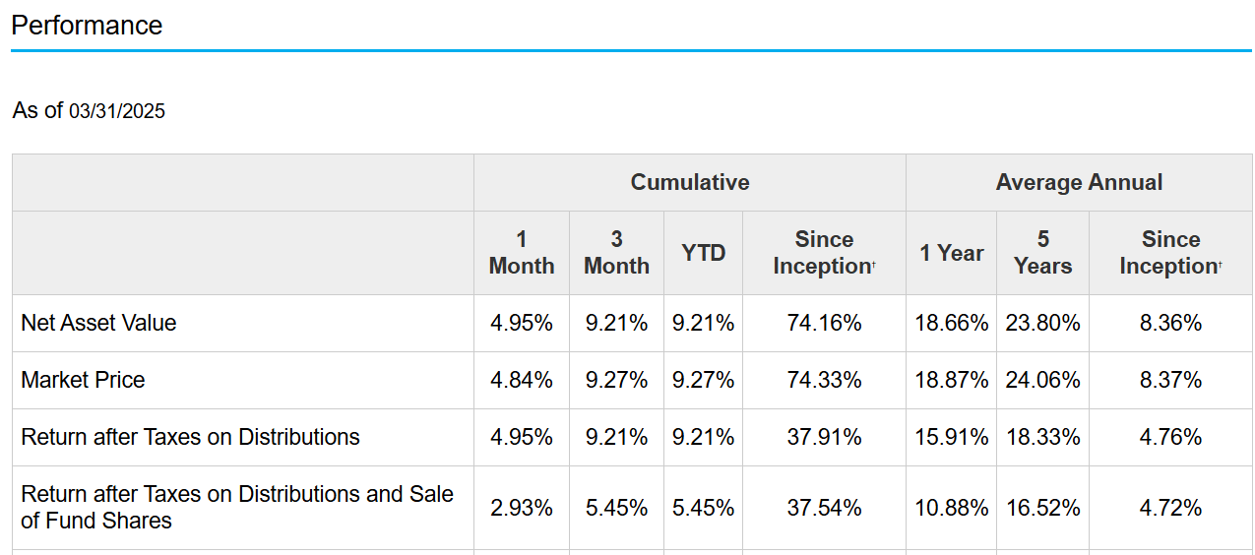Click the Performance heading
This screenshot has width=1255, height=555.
coord(87,25)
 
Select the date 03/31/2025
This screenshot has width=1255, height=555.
coord(117,111)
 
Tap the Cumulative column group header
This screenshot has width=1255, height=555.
coord(689,182)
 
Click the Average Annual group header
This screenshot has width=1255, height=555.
coord(1079,182)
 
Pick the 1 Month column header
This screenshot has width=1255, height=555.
coord(521,253)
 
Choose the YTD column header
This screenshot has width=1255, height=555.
coord(703,253)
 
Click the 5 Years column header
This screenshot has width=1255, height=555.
coord(1042,253)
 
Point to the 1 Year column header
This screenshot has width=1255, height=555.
coord(951,253)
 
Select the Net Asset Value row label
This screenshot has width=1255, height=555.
coord(98,323)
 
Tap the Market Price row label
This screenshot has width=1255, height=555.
coord(83,380)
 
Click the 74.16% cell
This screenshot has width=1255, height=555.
coord(824,323)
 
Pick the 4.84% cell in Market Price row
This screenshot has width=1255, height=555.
coord(521,380)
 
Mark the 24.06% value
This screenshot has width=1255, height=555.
coord(1042,380)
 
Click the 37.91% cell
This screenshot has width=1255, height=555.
coord(824,437)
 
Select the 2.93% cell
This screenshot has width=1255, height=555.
coord(521,508)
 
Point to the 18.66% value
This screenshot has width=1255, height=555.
coord(951,323)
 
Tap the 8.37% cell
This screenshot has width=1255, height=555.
coord(1170,380)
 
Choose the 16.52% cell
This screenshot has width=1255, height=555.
coord(1042,508)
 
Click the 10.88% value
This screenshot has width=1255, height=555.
coord(951,508)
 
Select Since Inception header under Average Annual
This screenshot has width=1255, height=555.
coord(1169,253)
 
